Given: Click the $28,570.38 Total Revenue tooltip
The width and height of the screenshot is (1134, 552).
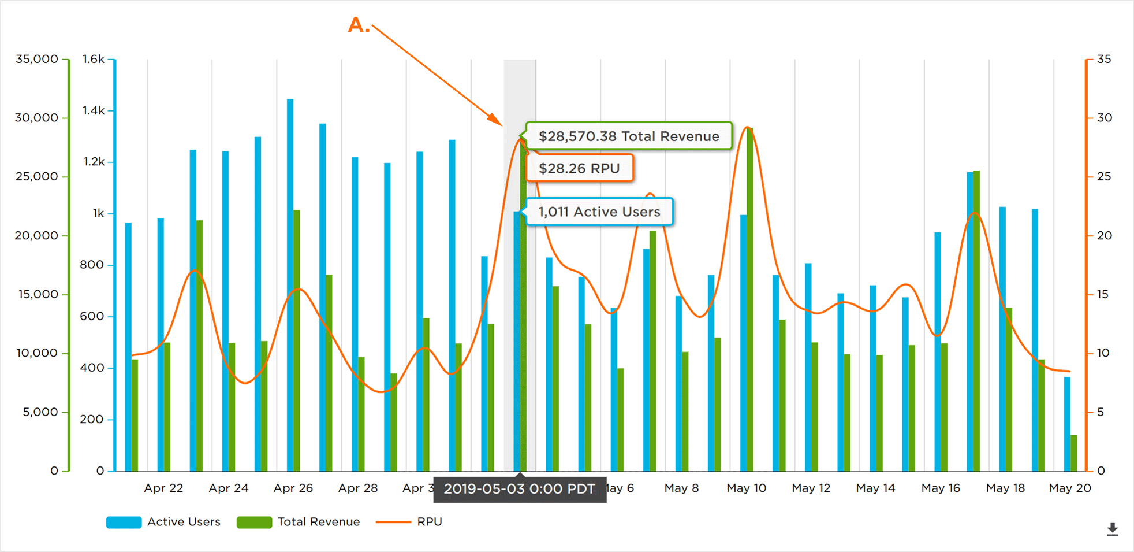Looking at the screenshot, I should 628,136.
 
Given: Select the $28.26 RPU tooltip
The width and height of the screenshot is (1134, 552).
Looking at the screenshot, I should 579,168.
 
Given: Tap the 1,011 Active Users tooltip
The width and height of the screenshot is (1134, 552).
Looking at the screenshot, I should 599,212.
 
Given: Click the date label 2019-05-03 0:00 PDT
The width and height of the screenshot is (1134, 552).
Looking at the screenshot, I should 519,489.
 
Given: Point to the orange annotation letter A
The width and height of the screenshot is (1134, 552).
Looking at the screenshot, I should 357,25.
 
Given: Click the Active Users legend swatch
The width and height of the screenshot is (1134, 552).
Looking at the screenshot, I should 124,522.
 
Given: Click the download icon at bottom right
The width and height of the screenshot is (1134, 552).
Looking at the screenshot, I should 1112,529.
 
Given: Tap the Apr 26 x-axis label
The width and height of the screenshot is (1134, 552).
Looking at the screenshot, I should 293,488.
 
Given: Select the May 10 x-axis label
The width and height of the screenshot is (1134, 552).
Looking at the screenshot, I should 746,488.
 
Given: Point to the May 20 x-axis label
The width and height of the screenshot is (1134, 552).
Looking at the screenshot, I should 1069,488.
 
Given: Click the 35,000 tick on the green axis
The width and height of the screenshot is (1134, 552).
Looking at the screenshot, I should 37,59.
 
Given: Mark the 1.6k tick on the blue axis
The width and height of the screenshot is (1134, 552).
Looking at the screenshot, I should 94,59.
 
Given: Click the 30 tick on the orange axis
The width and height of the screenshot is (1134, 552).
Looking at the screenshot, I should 1104,118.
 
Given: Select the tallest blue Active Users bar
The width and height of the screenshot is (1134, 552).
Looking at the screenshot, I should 290,283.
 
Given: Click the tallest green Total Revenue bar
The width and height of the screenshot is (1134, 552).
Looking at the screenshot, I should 750,301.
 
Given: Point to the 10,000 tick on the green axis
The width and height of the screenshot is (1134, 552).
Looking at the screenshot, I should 37,353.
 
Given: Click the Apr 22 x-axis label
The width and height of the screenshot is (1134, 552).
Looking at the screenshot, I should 163,488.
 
